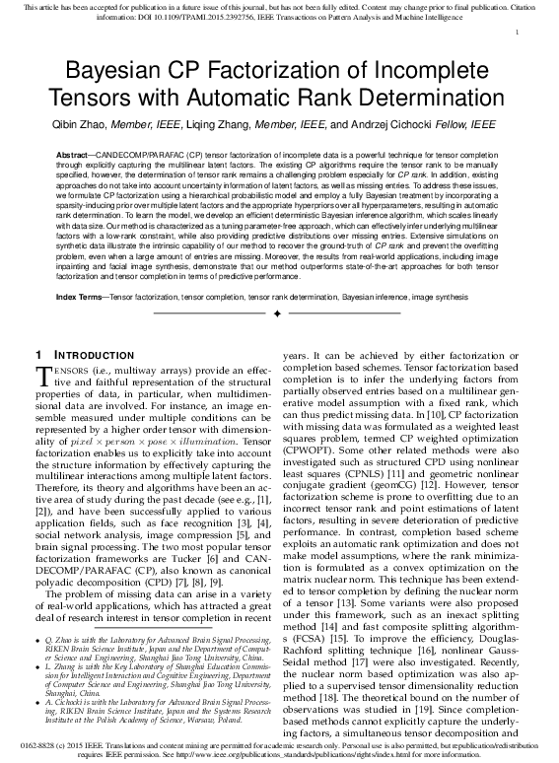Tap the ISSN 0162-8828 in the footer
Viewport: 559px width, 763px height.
click(x=36, y=746)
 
